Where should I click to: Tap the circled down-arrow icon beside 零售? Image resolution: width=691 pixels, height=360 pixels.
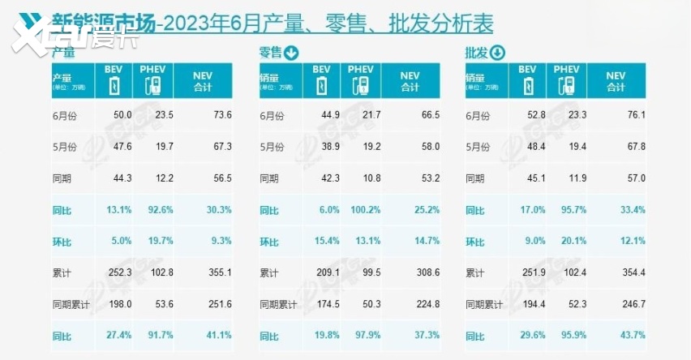290,54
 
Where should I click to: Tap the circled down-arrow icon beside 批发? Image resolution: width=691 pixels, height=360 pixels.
497,54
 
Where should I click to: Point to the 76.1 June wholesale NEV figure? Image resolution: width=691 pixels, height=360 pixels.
633,115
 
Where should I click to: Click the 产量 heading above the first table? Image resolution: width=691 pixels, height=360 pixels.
63,54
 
